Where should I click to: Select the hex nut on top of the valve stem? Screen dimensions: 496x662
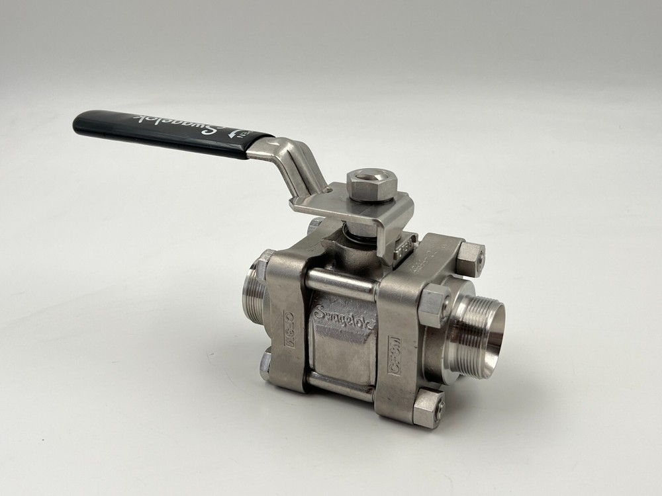tap(371, 184)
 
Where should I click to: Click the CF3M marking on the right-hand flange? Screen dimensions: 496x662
tap(395, 356)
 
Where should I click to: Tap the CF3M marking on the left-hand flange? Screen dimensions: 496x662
tap(290, 328)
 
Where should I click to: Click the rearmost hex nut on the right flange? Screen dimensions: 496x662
tap(471, 258)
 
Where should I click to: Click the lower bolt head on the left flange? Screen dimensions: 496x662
tap(265, 365)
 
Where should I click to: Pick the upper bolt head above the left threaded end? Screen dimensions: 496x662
tap(265, 263)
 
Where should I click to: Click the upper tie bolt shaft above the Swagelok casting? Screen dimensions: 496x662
tap(340, 283)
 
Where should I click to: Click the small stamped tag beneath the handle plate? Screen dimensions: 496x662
tap(404, 249)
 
